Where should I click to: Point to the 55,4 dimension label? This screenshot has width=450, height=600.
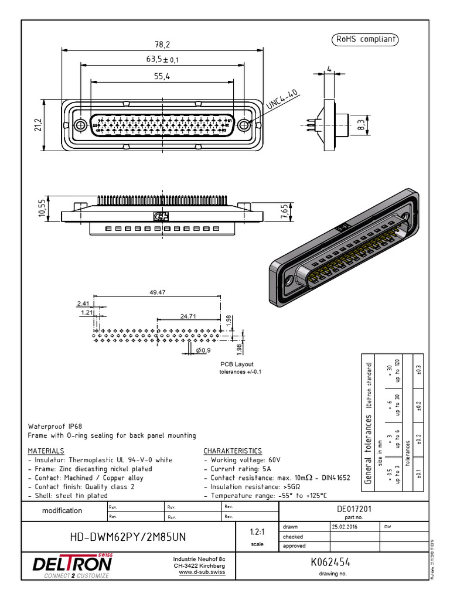click(x=162, y=76)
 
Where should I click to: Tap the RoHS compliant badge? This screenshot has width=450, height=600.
click(x=366, y=40)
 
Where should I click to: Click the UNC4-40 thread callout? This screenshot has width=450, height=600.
click(x=283, y=100)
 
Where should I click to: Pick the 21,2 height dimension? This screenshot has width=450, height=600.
click(x=38, y=124)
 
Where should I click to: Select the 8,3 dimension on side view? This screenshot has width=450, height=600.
click(x=361, y=124)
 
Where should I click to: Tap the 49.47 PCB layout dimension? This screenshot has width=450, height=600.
click(x=158, y=292)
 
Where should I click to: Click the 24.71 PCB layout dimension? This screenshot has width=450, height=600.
click(x=188, y=316)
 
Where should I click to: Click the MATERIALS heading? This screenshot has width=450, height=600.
click(x=46, y=451)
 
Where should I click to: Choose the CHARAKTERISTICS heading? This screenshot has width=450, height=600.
click(x=233, y=451)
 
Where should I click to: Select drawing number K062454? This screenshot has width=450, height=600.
click(x=330, y=562)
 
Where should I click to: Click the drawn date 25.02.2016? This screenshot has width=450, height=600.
click(x=345, y=527)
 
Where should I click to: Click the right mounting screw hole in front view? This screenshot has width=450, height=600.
click(x=246, y=124)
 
